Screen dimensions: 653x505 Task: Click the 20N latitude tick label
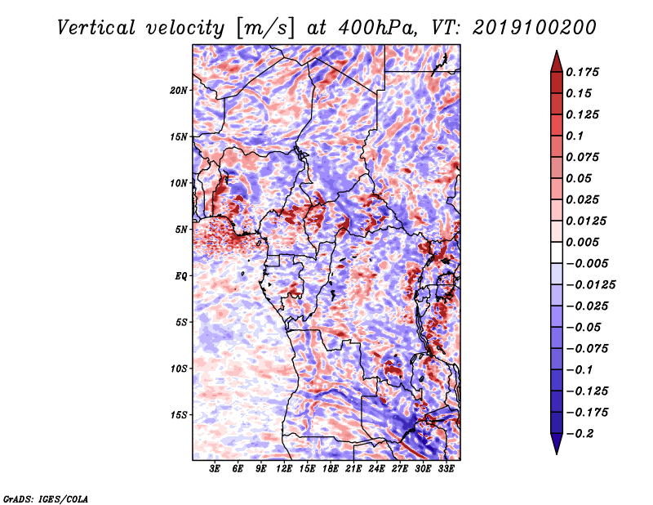click(179, 91)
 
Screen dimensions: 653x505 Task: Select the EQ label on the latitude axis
click(181, 276)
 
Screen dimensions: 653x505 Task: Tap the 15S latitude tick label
click(179, 415)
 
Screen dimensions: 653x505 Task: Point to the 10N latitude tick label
click(179, 183)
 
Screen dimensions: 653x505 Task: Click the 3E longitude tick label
click(215, 469)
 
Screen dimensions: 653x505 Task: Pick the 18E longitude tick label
click(331, 469)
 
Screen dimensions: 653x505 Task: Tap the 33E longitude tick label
click(446, 469)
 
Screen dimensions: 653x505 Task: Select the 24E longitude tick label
click(376, 469)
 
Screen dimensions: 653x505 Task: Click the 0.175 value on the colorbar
click(582, 72)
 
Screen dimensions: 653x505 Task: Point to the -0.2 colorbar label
click(580, 434)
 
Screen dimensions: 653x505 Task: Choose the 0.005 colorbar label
click(582, 242)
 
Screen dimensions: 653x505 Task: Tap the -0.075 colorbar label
click(587, 349)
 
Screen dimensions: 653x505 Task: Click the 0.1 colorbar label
click(575, 136)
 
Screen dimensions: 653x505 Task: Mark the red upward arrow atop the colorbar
click(557, 62)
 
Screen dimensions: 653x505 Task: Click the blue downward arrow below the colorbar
click(557, 444)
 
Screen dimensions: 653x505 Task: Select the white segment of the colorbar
click(557, 252)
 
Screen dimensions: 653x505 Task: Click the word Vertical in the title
click(96, 28)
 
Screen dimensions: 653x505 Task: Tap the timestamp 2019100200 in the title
click(535, 28)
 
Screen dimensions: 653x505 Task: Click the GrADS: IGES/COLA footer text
click(46, 499)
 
